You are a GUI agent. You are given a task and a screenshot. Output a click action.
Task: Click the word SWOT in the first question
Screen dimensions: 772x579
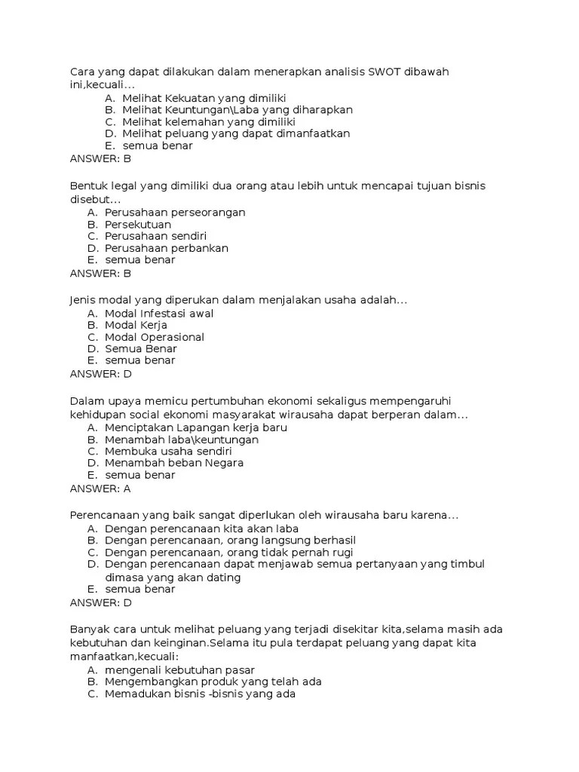(x=384, y=72)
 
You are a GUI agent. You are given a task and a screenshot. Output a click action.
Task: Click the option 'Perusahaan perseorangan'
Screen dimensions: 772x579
(x=175, y=213)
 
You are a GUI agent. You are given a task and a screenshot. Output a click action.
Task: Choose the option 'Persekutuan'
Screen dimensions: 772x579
(x=138, y=225)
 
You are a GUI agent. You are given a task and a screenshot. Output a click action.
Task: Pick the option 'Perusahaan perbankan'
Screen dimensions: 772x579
(x=167, y=248)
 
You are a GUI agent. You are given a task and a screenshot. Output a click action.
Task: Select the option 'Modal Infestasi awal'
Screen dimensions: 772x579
(x=159, y=314)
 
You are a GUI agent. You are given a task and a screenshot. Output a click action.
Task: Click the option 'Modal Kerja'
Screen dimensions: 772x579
(x=136, y=325)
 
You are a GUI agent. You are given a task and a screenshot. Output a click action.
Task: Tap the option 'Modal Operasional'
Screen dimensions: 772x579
(x=155, y=337)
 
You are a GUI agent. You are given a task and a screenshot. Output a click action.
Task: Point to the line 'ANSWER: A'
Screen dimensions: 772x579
(x=100, y=489)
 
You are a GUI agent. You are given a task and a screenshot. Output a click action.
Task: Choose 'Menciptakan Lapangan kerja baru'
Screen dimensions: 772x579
(x=196, y=427)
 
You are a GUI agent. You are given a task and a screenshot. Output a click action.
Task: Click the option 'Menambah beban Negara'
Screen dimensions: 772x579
(x=174, y=463)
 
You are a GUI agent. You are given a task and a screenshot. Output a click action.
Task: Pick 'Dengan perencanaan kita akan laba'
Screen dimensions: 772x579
(x=202, y=528)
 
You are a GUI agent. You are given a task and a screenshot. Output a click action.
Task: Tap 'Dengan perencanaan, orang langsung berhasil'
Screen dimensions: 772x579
(x=230, y=541)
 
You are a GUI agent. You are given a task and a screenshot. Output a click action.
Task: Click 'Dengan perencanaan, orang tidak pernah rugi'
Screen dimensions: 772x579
(x=229, y=553)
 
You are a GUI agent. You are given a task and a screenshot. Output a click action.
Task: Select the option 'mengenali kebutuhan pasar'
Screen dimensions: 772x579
(x=180, y=669)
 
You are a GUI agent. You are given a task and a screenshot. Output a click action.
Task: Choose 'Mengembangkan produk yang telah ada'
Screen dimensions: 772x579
(x=213, y=682)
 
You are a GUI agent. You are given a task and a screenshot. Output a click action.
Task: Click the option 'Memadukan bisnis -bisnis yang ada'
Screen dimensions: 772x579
(x=201, y=694)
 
